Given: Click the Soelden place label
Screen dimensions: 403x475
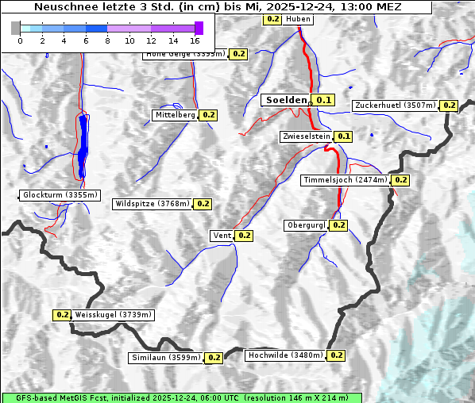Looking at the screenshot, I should pos(285,100).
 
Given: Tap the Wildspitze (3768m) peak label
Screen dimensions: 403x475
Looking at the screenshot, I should pos(153,204).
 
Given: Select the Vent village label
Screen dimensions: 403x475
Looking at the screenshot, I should pos(222,236).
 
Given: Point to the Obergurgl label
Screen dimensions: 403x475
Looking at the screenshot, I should pos(306,225).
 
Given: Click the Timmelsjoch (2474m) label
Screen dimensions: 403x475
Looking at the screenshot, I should pos(346,180).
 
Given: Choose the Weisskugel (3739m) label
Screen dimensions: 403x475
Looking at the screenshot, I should pos(113,315).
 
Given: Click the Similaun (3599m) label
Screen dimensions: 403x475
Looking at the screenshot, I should pos(166,358).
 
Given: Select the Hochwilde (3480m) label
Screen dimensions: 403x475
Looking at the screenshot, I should pos(285,355).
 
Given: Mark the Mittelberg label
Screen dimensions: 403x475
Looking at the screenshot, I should pos(175,115).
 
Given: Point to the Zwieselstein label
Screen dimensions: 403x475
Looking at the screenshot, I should pos(306,136).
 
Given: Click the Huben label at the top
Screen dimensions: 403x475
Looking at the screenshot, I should pos(298,18).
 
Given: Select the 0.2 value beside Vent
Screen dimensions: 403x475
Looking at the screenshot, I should pos(244,236).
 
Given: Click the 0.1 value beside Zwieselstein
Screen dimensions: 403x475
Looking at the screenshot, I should pos(343,136).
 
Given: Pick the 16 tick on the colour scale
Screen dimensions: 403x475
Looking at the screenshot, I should pos(195,40).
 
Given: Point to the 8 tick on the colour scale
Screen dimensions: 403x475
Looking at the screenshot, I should pos(107,40).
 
